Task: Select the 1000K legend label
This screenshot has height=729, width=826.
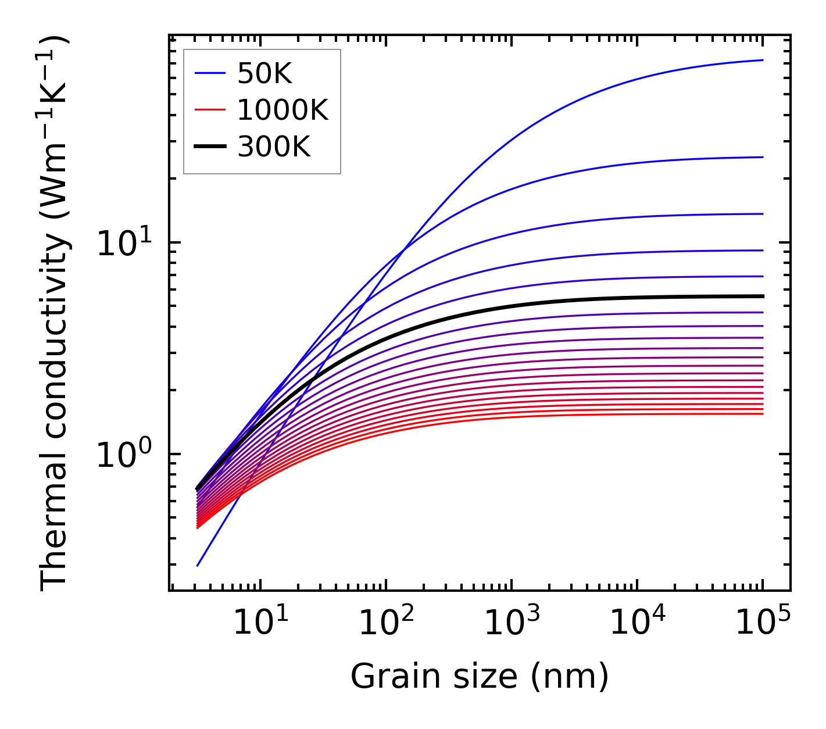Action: tap(283, 110)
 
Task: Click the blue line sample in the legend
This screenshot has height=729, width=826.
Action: tap(209, 73)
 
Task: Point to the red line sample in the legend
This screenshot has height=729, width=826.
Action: tap(209, 110)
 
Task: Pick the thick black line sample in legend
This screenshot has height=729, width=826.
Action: tap(209, 147)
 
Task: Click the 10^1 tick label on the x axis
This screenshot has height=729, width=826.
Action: tap(260, 624)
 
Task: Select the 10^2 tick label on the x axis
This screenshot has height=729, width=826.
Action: tap(386, 624)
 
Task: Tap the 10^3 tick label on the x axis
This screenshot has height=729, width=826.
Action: tap(512, 624)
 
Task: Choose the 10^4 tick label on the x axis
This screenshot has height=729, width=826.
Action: tap(638, 624)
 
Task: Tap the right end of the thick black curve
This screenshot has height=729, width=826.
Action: tap(763, 296)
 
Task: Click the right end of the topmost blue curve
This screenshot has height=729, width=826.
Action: tap(763, 60)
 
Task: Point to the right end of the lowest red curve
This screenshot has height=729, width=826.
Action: tap(763, 414)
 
